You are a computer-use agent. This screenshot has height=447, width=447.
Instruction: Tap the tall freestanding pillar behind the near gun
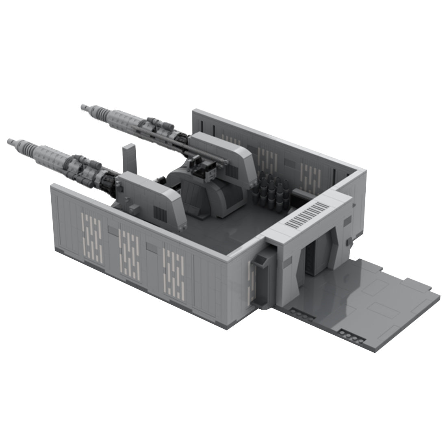(128, 158)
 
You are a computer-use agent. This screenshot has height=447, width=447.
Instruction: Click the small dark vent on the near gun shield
(160, 210)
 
